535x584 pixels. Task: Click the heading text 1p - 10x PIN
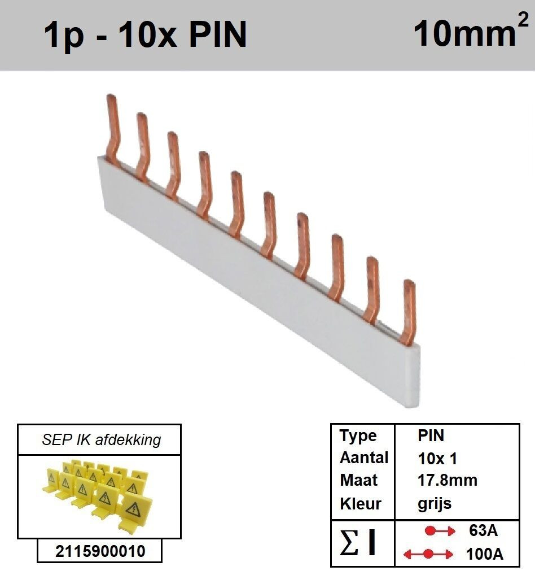(145, 35)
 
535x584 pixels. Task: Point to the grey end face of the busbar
(414, 376)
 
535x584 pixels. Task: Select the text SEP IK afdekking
(101, 440)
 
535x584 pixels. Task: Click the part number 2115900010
(100, 551)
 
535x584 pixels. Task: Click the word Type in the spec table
(358, 436)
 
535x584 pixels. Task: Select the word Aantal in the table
(364, 457)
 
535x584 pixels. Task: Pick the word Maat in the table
(358, 481)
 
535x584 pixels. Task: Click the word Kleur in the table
(361, 504)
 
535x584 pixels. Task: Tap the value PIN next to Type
(431, 436)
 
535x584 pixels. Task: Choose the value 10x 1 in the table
(437, 459)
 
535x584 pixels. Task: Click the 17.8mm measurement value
(447, 481)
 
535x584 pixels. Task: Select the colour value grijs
(434, 504)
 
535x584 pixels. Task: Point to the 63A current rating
(483, 530)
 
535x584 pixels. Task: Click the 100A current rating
(484, 554)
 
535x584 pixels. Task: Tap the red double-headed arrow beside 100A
(428, 554)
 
